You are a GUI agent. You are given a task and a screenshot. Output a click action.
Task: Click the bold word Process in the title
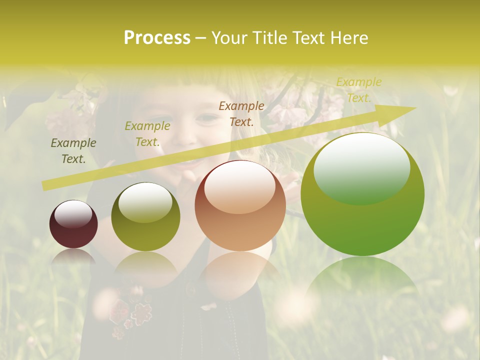pyautogui.click(x=157, y=38)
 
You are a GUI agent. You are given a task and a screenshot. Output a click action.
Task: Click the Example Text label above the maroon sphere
pyautogui.click(x=73, y=151)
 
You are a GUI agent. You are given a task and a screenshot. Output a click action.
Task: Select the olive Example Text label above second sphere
pyautogui.click(x=147, y=134)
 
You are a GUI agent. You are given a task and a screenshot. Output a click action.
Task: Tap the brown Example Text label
pyautogui.click(x=241, y=113)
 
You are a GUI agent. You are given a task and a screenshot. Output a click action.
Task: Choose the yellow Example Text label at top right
pyautogui.click(x=358, y=90)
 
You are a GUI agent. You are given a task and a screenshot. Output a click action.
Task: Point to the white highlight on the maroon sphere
pyautogui.click(x=73, y=214)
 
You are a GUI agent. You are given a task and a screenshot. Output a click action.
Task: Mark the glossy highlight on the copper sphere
pyautogui.click(x=239, y=187)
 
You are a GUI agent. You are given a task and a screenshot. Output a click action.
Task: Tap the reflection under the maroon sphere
pyautogui.click(x=73, y=256)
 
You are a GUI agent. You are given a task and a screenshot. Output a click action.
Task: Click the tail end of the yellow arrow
pyautogui.click(x=45, y=186)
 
